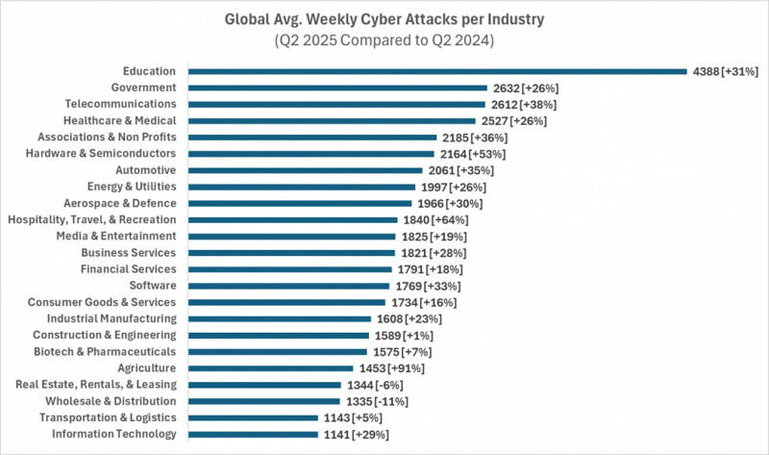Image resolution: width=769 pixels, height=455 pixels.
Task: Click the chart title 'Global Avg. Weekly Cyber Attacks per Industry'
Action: [384, 18]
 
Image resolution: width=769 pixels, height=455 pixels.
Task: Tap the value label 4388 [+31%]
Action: [726, 71]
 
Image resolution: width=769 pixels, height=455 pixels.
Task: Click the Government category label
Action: [143, 88]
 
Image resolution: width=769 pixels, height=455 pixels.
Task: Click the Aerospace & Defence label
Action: [121, 203]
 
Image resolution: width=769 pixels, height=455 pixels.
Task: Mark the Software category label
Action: [153, 286]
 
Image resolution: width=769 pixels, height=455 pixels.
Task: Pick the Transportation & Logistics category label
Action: [108, 417]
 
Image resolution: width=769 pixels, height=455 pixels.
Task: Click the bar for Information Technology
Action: [253, 435]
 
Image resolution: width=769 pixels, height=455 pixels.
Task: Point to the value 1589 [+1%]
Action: [404, 336]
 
